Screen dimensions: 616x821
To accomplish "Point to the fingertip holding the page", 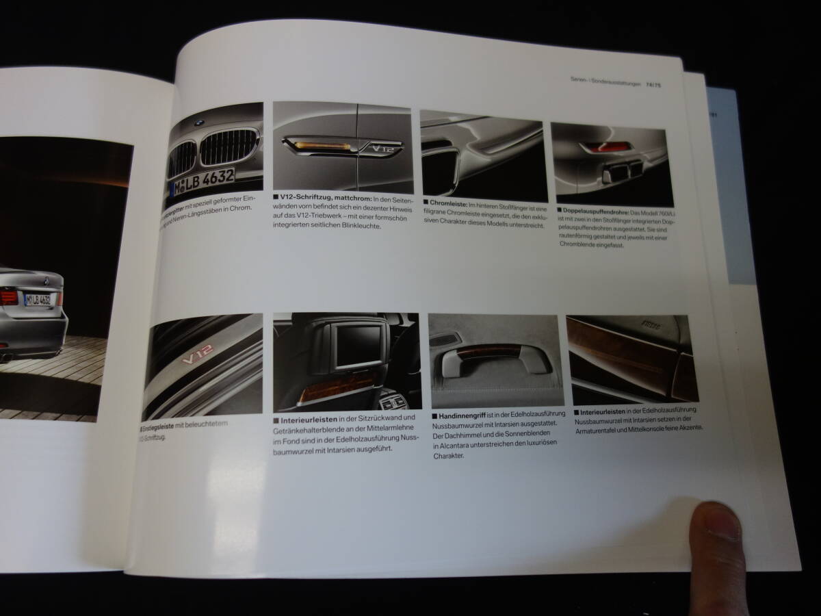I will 718,527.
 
